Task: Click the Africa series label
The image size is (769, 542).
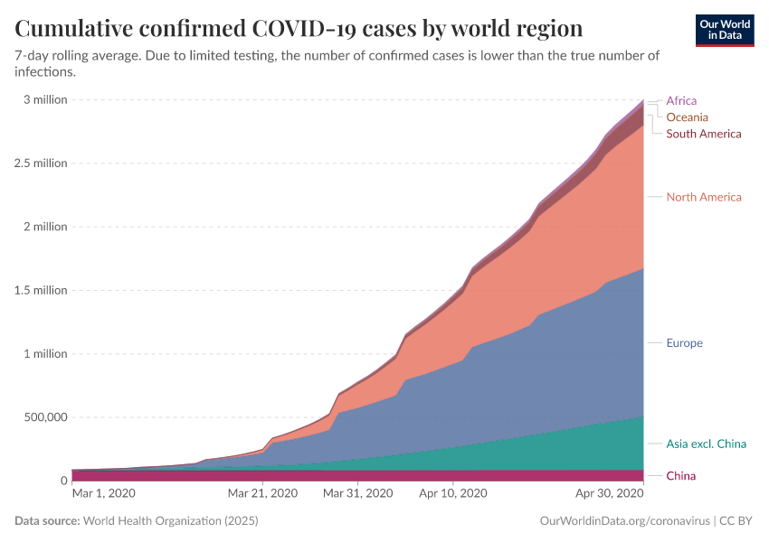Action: (681, 101)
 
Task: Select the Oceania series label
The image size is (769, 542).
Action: (687, 117)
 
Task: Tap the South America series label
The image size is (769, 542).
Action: (703, 134)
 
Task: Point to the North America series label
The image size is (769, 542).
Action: (703, 197)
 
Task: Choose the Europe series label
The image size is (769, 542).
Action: (684, 343)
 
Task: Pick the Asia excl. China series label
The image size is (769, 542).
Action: (706, 444)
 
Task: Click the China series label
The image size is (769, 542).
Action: (681, 476)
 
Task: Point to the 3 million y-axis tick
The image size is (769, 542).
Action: (45, 99)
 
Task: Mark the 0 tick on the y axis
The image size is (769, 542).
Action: (63, 481)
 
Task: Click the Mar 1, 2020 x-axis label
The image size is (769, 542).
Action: (103, 493)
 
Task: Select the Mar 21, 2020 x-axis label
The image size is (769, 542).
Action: (262, 493)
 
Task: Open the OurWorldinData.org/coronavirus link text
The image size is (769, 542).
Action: (624, 521)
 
